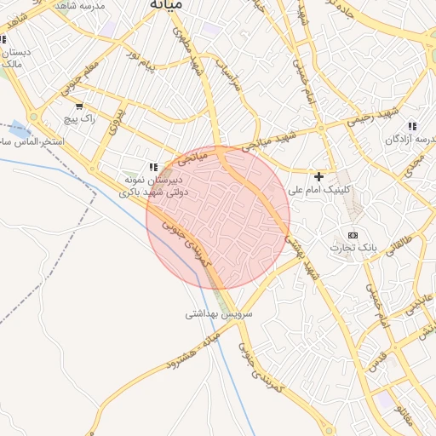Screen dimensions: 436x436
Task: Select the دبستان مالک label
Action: tap(14, 58)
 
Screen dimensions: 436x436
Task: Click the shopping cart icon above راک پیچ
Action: tap(79, 106)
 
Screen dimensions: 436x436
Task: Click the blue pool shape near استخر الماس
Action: tap(15, 129)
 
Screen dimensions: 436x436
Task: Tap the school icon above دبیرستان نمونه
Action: tap(153, 168)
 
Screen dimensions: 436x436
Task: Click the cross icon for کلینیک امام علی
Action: tap(318, 176)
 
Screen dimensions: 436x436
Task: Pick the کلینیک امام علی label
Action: tap(320, 191)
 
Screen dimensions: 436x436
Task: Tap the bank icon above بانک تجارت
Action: tap(353, 235)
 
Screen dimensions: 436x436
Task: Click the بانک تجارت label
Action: tap(353, 248)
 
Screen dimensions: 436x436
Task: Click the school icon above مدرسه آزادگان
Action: tap(412, 126)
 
